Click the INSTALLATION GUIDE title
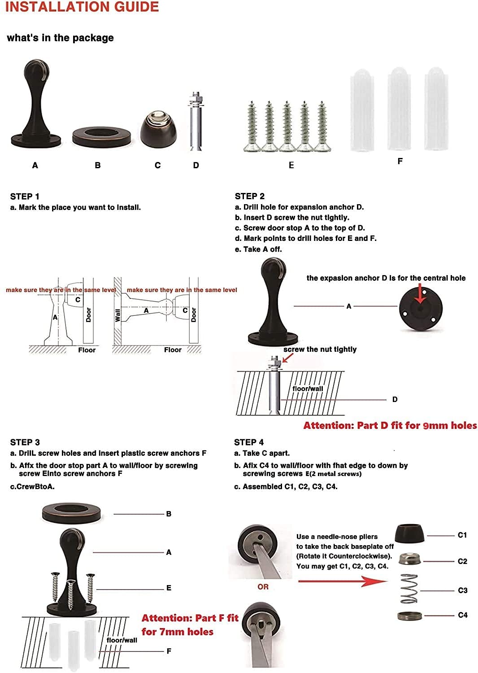point(82,7)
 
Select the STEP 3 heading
point(25,442)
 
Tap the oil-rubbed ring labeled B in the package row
point(101,137)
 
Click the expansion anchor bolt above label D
point(196,122)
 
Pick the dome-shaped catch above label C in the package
point(159,129)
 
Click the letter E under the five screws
point(291,165)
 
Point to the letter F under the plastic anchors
point(400,162)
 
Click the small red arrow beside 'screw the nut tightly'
point(287,358)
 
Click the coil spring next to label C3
point(409,588)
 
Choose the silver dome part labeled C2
point(410,559)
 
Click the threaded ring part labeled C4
point(409,616)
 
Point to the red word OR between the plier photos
point(263,587)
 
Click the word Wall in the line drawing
point(117,315)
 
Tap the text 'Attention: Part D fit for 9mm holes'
point(390,425)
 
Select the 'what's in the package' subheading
point(61,38)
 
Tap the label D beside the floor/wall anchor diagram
point(395,400)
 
